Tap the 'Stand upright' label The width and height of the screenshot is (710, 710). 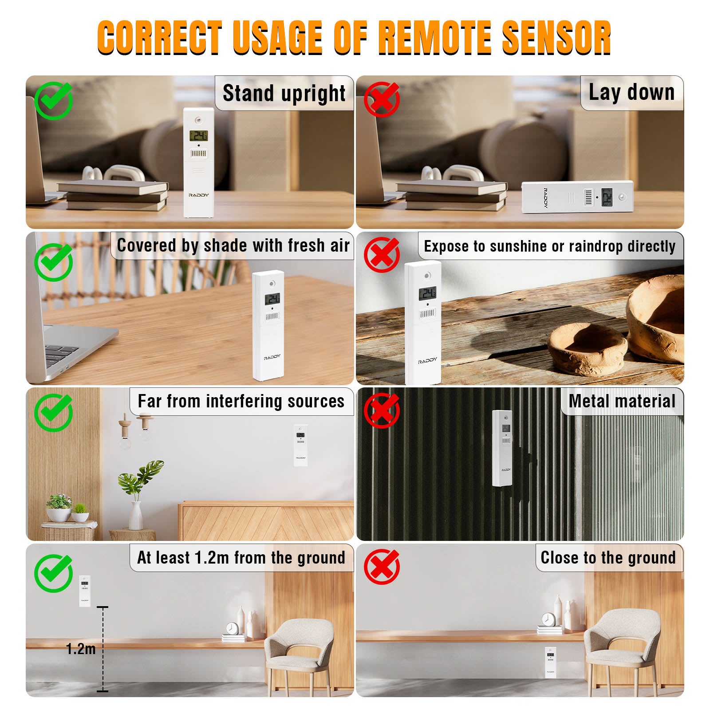(284, 93)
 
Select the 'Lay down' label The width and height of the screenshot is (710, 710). (631, 93)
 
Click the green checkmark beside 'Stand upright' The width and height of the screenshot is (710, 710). (54, 100)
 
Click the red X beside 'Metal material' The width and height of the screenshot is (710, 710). (382, 410)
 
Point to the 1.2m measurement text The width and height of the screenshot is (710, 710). (81, 649)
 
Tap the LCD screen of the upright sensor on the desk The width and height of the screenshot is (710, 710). (198, 136)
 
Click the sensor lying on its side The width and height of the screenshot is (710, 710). (577, 197)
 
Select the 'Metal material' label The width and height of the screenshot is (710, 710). (622, 401)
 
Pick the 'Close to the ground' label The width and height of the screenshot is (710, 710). (608, 557)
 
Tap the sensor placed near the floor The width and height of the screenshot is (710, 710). (551, 662)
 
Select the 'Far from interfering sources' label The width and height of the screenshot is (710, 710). (241, 401)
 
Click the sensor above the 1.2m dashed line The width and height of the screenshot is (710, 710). (85, 591)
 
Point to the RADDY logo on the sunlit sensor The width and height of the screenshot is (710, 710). (427, 360)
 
